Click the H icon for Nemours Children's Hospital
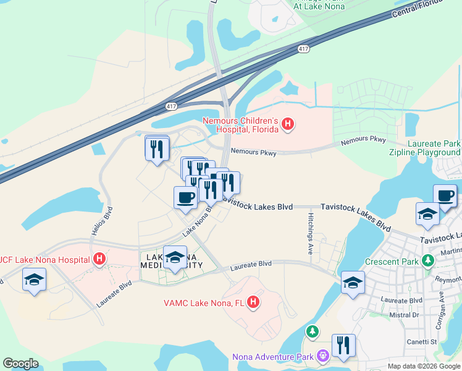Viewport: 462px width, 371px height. pyautogui.click(x=287, y=124)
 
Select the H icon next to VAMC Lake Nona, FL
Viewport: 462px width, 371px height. pyautogui.click(x=253, y=302)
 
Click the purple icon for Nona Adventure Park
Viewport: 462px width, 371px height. pyautogui.click(x=322, y=356)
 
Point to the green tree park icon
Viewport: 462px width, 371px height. pyautogui.click(x=313, y=333)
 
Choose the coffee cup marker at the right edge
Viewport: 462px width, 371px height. pyautogui.click(x=445, y=195)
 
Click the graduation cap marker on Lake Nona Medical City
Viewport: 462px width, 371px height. pyautogui.click(x=175, y=257)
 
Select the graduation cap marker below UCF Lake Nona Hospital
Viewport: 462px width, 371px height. pyautogui.click(x=34, y=279)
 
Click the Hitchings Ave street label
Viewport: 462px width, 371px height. pyautogui.click(x=310, y=234)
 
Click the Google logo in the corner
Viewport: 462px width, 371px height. pyautogui.click(x=20, y=364)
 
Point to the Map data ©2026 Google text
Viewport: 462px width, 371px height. pyautogui.click(x=423, y=366)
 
